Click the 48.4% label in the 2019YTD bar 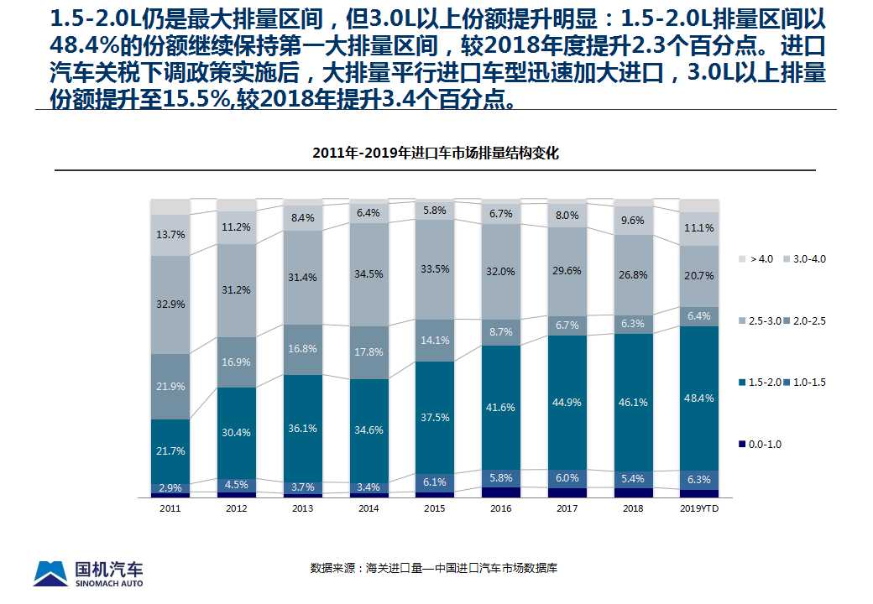[x=699, y=398]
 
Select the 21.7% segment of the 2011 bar [x=170, y=450]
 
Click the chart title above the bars [x=435, y=154]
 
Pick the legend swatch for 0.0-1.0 [x=741, y=445]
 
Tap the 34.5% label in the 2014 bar [x=369, y=273]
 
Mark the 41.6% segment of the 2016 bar [x=501, y=407]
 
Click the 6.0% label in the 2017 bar [x=567, y=476]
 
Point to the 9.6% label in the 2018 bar [x=633, y=221]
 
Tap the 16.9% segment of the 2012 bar [x=237, y=362]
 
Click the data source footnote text [x=434, y=568]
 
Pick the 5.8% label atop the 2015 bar [x=435, y=210]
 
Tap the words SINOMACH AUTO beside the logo [x=109, y=583]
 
